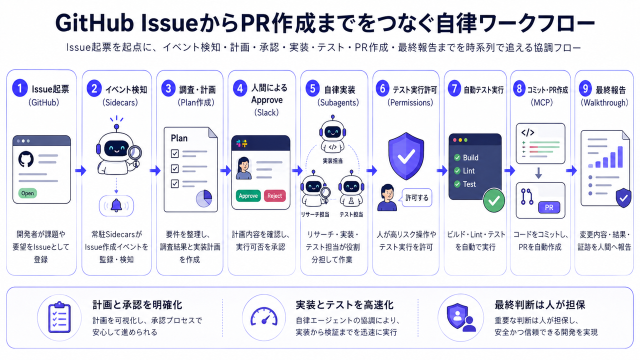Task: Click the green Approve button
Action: click(x=248, y=195)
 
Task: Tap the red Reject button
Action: click(x=274, y=195)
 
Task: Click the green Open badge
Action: click(x=27, y=193)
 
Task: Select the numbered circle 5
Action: click(x=312, y=88)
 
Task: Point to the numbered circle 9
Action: click(x=585, y=88)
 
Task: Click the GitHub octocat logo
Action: click(x=26, y=159)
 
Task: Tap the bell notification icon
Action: click(x=116, y=205)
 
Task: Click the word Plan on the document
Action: click(x=179, y=138)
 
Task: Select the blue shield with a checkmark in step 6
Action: click(x=406, y=155)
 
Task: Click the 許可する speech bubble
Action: click(x=416, y=197)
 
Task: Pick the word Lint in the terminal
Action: click(x=468, y=171)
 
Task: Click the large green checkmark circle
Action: click(x=493, y=200)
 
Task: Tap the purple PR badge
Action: click(x=549, y=207)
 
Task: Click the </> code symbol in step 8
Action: click(x=527, y=132)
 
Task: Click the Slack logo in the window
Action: click(x=241, y=143)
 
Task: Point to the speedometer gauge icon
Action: click(x=264, y=317)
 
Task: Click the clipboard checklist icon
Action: click(x=59, y=317)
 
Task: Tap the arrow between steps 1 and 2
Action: click(x=80, y=170)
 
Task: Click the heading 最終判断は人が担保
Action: click(x=539, y=305)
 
